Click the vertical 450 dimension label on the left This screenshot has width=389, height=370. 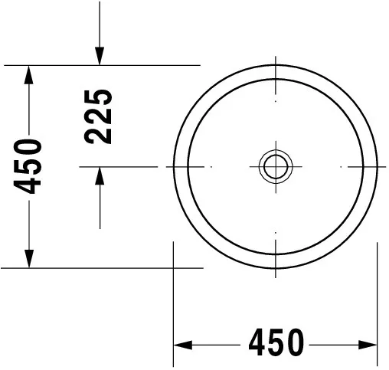[28, 166]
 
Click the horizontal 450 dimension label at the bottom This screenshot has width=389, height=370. [276, 342]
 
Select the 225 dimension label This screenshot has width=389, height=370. [98, 116]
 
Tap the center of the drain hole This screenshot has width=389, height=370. [276, 166]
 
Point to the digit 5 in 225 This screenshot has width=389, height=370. [98, 98]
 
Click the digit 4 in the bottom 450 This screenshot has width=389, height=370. [257, 342]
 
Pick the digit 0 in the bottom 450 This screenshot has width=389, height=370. [296, 342]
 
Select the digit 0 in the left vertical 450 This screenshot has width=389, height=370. [28, 148]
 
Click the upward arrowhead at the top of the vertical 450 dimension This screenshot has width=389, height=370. [29, 74]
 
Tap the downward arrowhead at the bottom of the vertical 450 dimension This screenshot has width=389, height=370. [29, 259]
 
